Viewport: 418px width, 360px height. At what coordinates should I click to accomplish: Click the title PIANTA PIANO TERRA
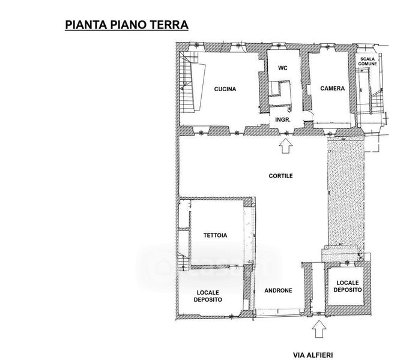click(x=127, y=25)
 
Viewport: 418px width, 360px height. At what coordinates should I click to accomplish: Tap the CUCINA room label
click(x=225, y=89)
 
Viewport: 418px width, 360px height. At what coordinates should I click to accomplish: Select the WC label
click(x=283, y=68)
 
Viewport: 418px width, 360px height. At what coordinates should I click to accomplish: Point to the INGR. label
click(x=283, y=120)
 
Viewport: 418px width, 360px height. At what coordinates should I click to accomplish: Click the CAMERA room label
click(x=333, y=88)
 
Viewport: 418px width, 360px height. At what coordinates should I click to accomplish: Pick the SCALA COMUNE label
click(x=368, y=62)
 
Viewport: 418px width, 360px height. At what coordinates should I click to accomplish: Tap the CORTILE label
click(x=280, y=176)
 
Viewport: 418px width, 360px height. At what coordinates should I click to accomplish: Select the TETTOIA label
click(x=216, y=235)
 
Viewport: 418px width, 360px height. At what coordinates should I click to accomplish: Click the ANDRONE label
click(x=278, y=290)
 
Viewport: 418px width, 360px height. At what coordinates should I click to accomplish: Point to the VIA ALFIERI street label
click(x=313, y=355)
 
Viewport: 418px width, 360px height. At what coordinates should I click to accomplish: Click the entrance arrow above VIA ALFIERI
click(x=319, y=329)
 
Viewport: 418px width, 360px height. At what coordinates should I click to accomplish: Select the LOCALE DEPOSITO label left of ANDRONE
click(x=208, y=296)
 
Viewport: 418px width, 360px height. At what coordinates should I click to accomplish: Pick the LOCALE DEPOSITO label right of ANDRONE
click(x=348, y=286)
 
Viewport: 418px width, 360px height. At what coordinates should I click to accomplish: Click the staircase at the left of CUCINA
click(x=186, y=83)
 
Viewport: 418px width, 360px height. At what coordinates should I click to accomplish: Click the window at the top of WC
click(x=278, y=46)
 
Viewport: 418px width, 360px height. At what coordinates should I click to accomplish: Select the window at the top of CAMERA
click(x=328, y=48)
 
